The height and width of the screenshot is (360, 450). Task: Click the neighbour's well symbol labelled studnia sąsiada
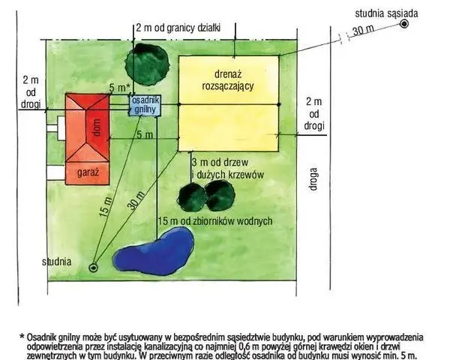403,24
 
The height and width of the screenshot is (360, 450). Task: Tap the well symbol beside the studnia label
93,268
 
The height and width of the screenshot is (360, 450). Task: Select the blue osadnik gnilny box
145,105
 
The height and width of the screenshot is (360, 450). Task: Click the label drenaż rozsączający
228,80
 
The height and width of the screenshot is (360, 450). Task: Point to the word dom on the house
97,127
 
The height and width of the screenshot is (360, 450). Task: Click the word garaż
88,172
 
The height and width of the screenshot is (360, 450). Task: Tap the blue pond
154,252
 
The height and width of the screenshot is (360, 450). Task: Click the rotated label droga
313,179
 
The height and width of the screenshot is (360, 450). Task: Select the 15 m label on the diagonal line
105,207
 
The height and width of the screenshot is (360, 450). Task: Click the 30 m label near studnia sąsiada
363,30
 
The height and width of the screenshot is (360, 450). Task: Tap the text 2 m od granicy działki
178,28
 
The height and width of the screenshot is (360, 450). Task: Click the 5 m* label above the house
120,88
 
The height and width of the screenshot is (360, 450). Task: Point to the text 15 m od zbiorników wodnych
215,221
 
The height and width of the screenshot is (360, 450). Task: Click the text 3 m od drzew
220,163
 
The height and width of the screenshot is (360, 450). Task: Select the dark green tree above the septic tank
147,64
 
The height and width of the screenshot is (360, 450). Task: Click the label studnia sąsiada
386,13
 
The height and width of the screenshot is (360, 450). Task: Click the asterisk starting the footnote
22,336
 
